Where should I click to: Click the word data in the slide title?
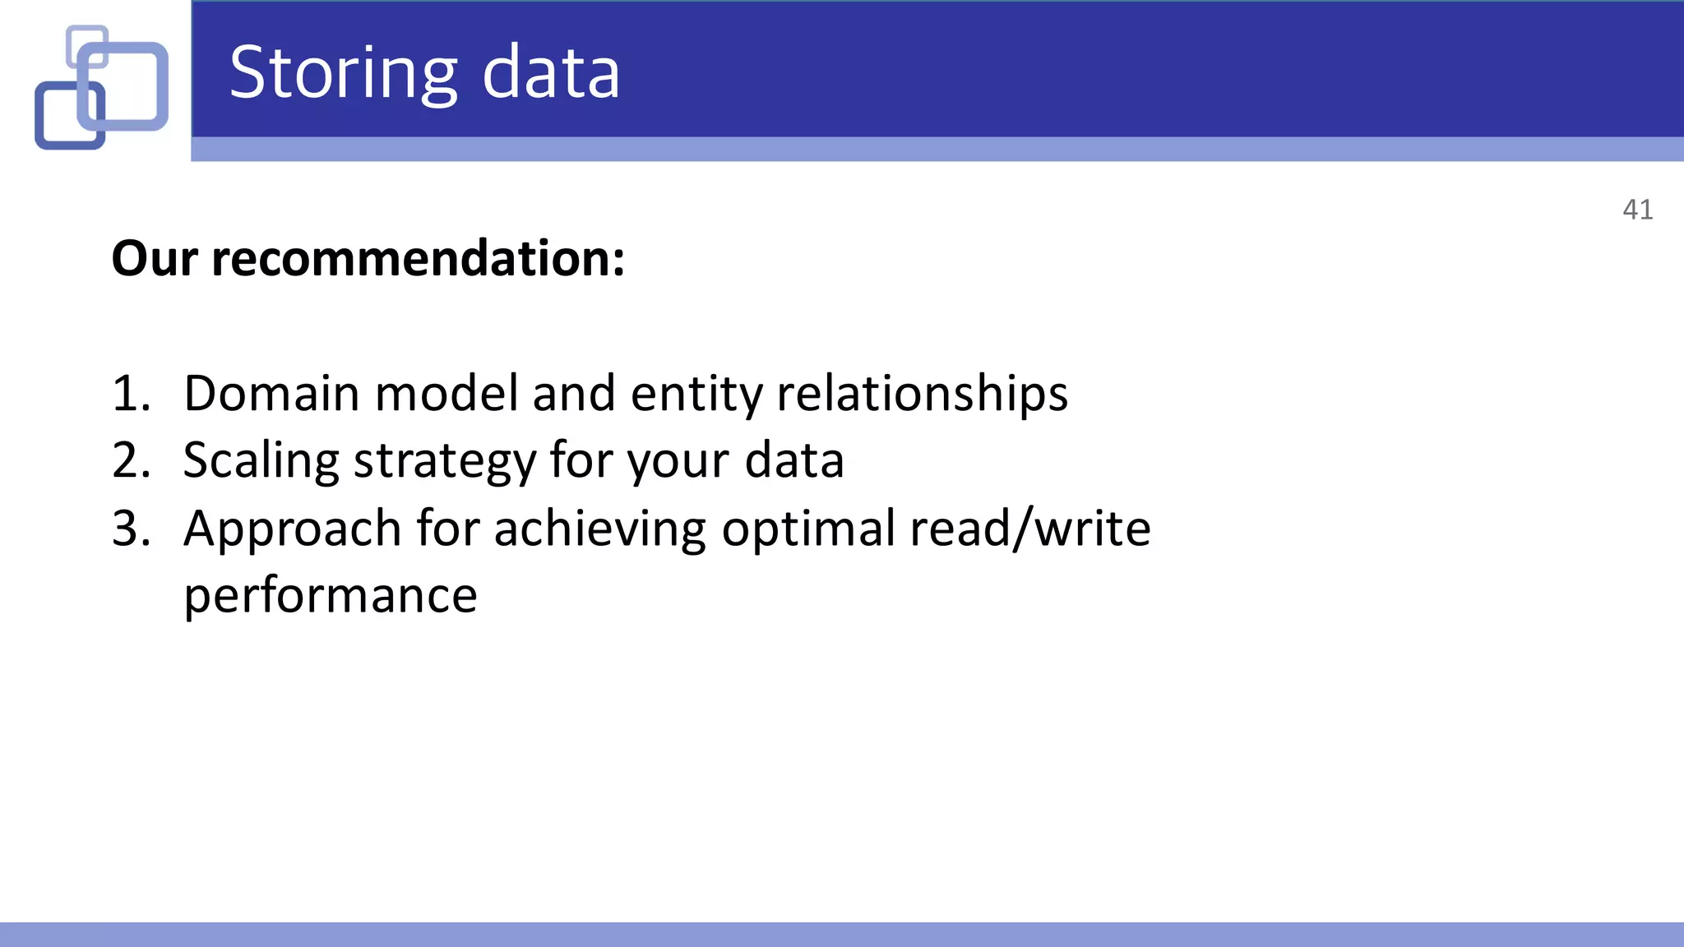click(x=550, y=74)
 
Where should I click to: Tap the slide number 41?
click(x=1637, y=210)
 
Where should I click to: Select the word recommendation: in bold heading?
click(x=418, y=259)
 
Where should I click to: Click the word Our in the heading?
click(x=155, y=259)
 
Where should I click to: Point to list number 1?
click(x=131, y=394)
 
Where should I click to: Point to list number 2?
click(x=131, y=461)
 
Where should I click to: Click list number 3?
click(x=131, y=529)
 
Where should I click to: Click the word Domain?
click(x=271, y=394)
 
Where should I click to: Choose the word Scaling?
click(x=261, y=461)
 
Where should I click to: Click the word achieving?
click(x=599, y=529)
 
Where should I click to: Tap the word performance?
click(x=330, y=596)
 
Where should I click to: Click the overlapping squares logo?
click(x=101, y=86)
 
